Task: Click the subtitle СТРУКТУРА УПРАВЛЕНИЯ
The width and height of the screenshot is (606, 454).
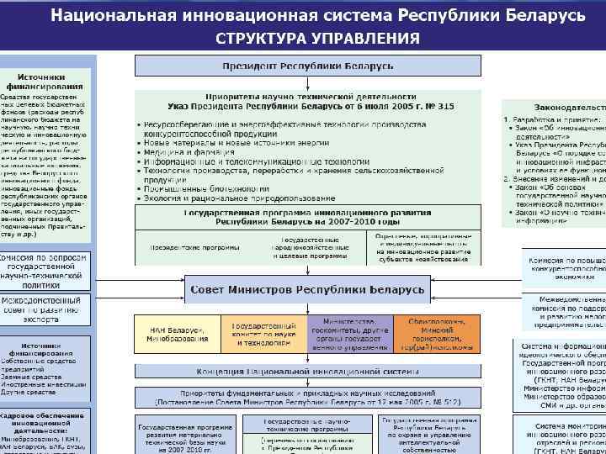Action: pyautogui.click(x=317, y=39)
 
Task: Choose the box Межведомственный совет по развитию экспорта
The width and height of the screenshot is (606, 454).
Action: pyautogui.click(x=44, y=309)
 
